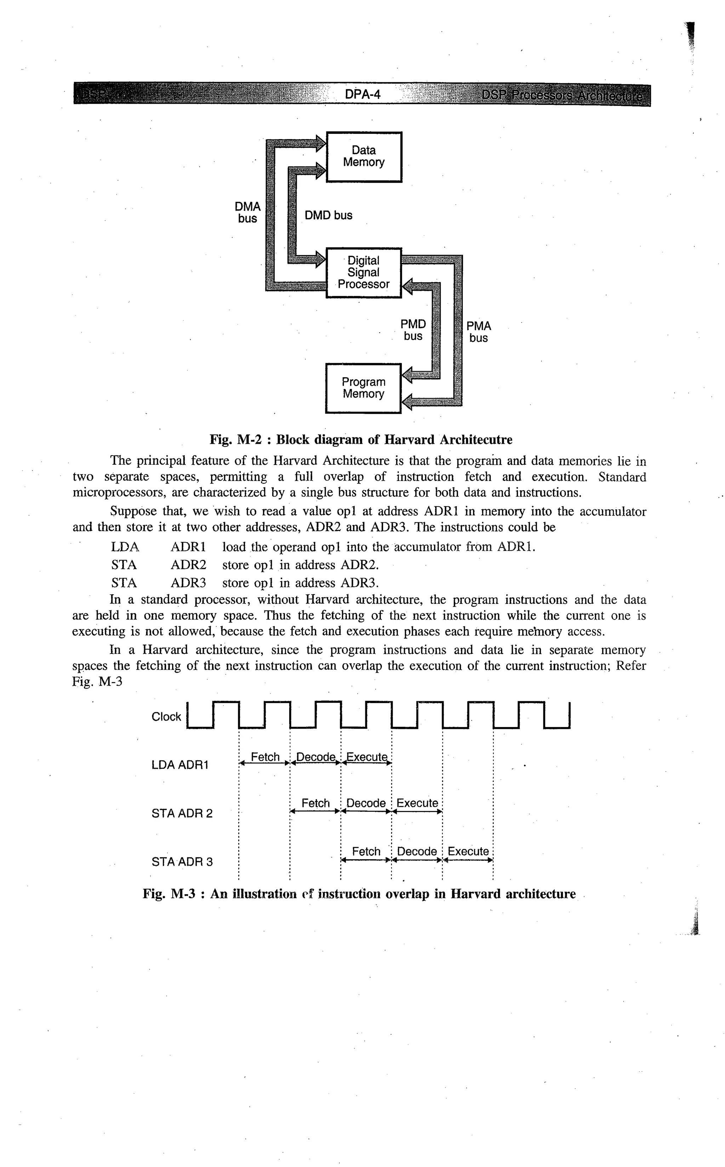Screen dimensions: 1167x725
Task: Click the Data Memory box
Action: tap(364, 157)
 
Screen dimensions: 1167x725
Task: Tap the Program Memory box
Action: tap(363, 388)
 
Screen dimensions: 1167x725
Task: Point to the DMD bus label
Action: tap(329, 215)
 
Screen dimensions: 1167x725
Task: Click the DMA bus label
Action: tap(247, 213)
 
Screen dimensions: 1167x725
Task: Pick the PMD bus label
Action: tap(413, 330)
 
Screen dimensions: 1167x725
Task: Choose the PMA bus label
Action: tap(479, 332)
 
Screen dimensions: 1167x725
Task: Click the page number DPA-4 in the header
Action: tap(362, 95)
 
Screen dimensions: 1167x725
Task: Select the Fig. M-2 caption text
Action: tap(361, 440)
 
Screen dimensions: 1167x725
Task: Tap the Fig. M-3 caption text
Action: tap(359, 894)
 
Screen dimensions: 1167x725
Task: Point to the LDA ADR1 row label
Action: tap(180, 765)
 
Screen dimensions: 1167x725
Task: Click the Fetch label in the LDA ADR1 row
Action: tap(265, 757)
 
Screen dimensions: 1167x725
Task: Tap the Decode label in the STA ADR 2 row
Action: tap(366, 803)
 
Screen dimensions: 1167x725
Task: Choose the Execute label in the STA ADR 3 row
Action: tap(468, 851)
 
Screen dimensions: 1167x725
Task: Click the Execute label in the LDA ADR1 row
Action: tap(366, 757)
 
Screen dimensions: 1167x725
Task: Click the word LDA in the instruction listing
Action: tap(125, 547)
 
